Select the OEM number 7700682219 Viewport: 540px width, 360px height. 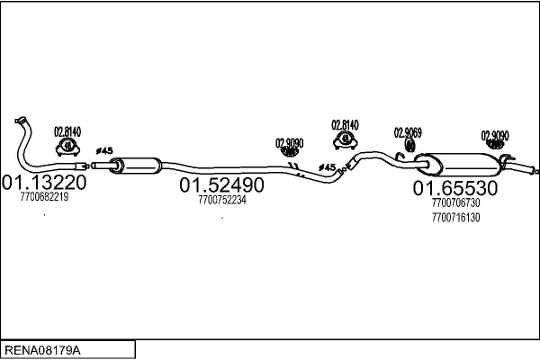click(x=44, y=197)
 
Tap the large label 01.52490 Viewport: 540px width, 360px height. click(x=221, y=185)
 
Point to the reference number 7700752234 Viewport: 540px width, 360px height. click(x=221, y=200)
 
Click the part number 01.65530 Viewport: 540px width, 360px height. click(x=455, y=188)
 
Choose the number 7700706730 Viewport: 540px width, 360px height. click(x=456, y=203)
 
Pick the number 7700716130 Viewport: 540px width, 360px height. click(x=456, y=217)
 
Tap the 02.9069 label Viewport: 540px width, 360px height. click(x=408, y=132)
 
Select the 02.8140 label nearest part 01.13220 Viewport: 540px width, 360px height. click(x=67, y=131)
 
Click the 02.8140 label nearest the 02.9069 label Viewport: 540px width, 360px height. click(x=345, y=124)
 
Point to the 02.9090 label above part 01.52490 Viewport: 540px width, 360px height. click(x=289, y=142)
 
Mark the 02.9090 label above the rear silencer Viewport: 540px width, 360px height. click(x=495, y=136)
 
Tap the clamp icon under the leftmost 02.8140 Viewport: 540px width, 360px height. click(x=67, y=148)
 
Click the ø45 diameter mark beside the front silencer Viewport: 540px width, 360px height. click(x=103, y=150)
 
